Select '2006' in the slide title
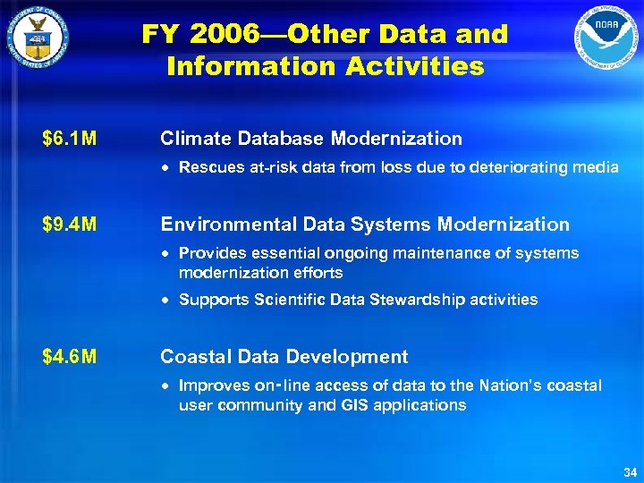tap(224, 35)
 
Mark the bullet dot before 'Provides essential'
tap(168, 254)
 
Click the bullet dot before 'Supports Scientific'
tap(168, 301)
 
